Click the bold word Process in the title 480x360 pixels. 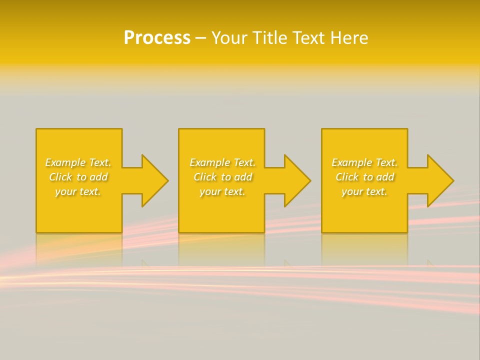(157, 38)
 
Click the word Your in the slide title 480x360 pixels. (230, 38)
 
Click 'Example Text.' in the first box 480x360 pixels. (78, 162)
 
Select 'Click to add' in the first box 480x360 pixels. (78, 177)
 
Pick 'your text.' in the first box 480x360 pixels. (78, 191)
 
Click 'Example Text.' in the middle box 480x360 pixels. (222, 162)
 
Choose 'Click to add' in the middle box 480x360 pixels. (222, 177)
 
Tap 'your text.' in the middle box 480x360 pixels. (222, 191)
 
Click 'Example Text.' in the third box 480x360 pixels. (364, 162)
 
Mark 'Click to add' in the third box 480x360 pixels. (364, 177)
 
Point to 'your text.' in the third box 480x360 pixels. (364, 191)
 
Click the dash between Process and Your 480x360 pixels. (200, 38)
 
